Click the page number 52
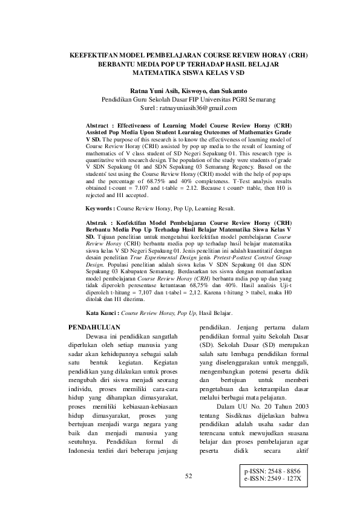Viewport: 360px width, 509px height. (x=188, y=476)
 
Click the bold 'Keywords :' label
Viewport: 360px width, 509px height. (x=100, y=207)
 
